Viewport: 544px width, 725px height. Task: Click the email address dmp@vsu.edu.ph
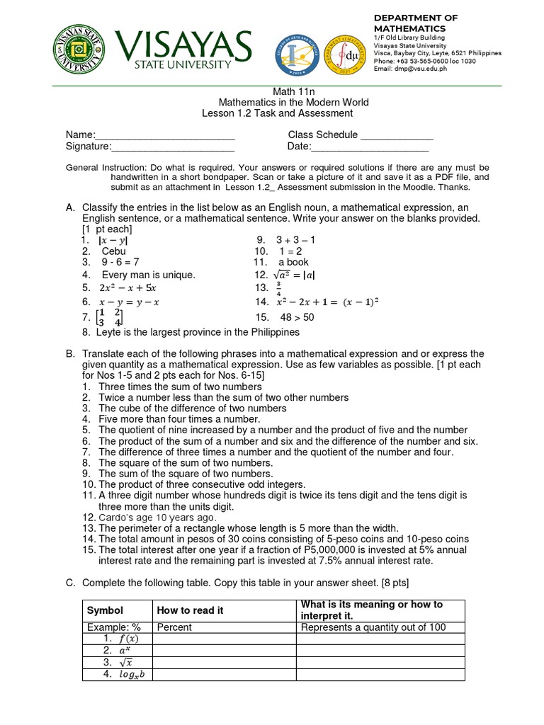(418, 69)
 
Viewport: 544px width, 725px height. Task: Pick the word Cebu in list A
(113, 251)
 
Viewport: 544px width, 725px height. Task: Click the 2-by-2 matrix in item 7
(110, 318)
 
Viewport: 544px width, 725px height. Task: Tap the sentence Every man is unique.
(148, 275)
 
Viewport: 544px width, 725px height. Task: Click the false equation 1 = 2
(290, 251)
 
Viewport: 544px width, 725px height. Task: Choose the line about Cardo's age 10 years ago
(157, 518)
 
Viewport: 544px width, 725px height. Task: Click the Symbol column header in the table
(105, 610)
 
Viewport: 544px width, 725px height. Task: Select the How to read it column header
(190, 610)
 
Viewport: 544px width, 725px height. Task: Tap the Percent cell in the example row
(174, 627)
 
